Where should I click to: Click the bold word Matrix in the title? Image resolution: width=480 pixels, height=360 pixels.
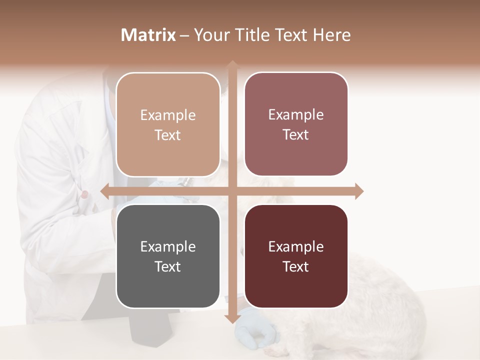point(148,35)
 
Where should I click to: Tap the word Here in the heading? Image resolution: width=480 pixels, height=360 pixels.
point(331,35)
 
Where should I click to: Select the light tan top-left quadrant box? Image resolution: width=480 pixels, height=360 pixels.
point(168,124)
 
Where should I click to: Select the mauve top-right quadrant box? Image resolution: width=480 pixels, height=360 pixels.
point(296,124)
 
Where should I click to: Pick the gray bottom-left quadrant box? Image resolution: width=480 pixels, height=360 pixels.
point(168,256)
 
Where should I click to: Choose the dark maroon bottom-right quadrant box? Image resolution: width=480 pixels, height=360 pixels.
point(296,256)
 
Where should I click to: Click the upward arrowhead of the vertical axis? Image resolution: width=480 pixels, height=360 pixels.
point(232,65)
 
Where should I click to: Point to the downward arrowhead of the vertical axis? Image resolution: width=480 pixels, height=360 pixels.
point(232,318)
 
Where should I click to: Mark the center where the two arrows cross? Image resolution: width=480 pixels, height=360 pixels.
point(232,191)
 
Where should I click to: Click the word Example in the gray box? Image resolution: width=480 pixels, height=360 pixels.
point(168,246)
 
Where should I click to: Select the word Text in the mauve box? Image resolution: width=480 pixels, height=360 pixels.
point(296,135)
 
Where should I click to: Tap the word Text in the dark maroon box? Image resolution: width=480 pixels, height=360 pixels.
point(296,266)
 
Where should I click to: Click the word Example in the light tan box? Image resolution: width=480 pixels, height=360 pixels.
point(168,115)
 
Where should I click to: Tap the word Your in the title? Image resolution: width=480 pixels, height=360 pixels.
point(207,35)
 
